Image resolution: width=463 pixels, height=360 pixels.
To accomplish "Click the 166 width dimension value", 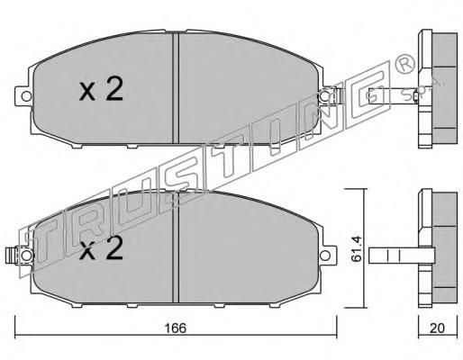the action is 176,328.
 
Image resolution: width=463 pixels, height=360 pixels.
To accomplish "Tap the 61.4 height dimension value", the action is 357,248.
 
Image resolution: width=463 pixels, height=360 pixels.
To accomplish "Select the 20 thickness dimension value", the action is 437,328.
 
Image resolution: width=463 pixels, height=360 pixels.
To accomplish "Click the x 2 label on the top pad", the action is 101,88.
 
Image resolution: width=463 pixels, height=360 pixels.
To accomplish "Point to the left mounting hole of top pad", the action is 26,96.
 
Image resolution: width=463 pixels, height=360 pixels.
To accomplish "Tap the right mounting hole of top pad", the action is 325,96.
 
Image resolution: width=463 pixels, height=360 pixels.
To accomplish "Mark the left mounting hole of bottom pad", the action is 26,256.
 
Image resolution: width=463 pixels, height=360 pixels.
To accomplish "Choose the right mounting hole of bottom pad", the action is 325,256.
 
